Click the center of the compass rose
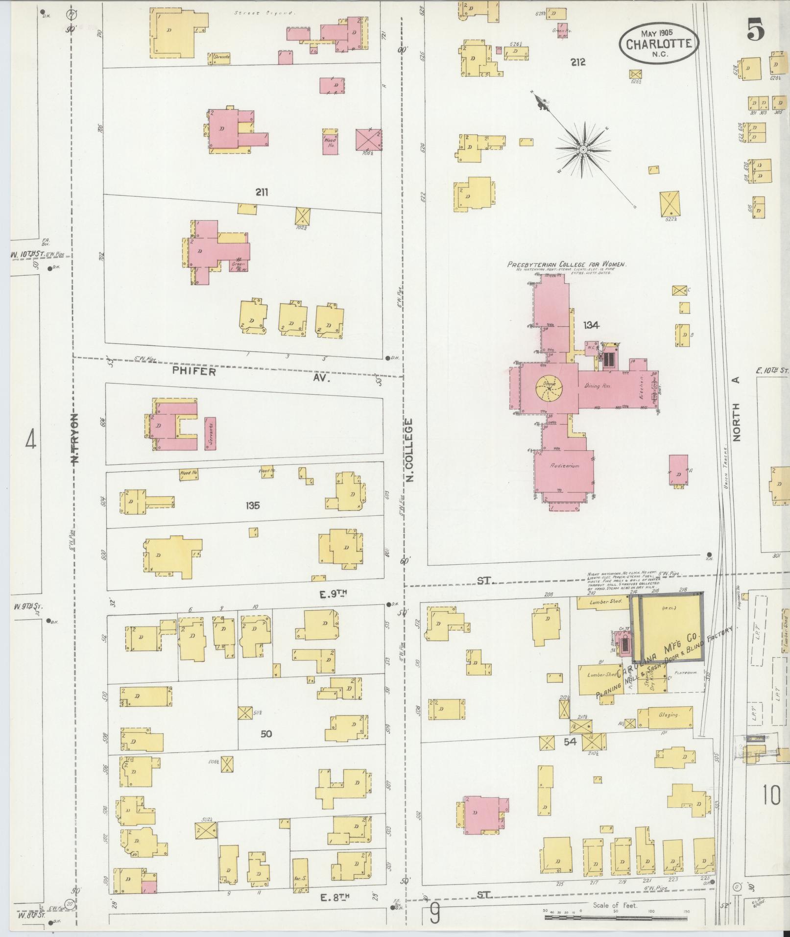point(583,149)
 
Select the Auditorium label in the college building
point(565,466)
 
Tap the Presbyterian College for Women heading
point(567,264)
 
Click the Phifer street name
point(194,371)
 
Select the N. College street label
point(409,449)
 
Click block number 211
point(262,192)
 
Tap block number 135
point(253,505)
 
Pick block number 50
point(266,734)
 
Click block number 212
point(578,62)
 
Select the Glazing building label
point(668,715)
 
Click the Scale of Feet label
point(615,905)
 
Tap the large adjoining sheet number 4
point(30,439)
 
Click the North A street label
point(737,409)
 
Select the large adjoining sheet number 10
point(771,795)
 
